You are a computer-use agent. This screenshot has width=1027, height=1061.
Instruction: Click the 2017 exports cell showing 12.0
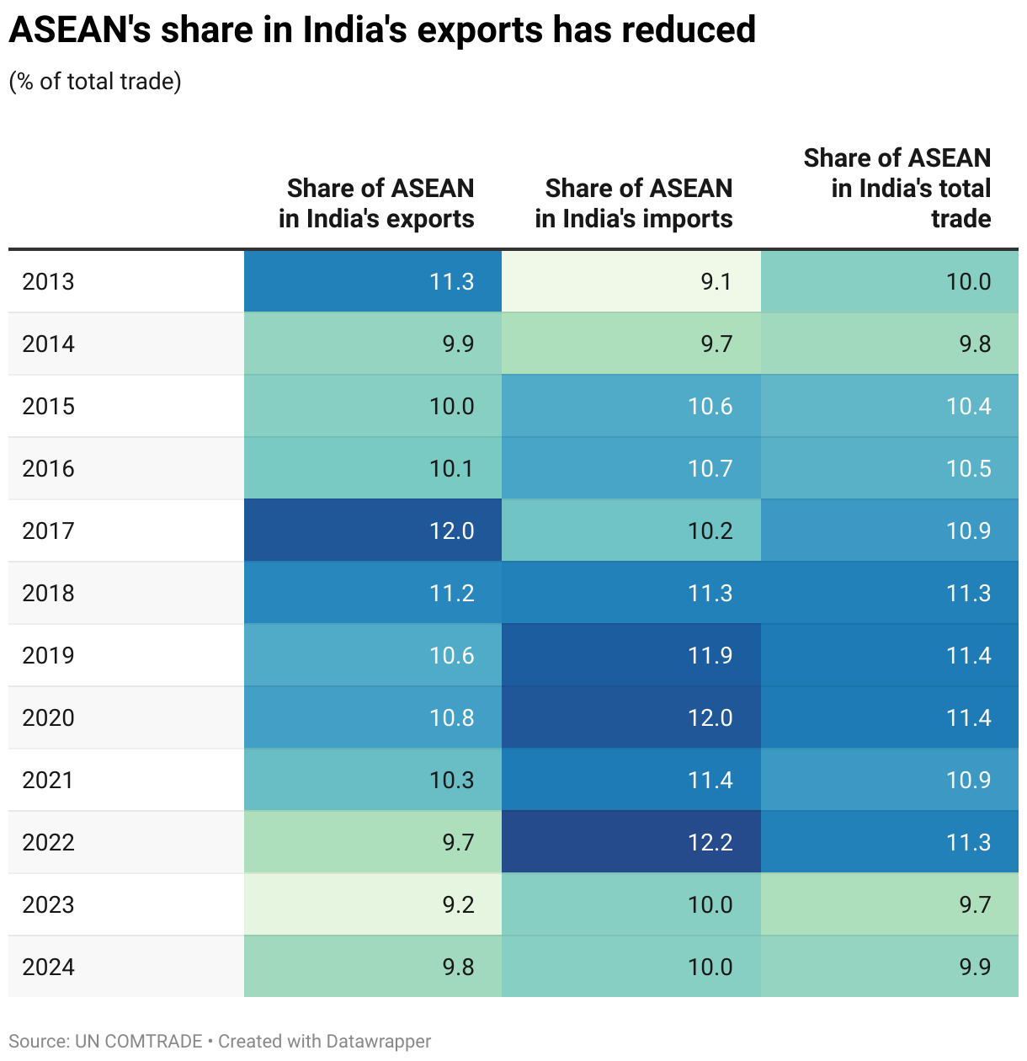click(452, 530)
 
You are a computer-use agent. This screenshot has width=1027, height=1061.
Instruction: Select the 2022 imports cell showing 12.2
click(710, 842)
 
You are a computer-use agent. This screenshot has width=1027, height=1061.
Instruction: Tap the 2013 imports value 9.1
click(716, 281)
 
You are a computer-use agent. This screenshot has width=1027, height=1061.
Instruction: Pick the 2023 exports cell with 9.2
click(458, 904)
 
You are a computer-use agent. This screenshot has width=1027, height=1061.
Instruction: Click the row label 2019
click(49, 655)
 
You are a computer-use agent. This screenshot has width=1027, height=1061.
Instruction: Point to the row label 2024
click(49, 967)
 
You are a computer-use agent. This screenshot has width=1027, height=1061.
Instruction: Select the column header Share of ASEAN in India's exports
click(377, 203)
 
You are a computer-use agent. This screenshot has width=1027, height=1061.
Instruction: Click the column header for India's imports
click(634, 203)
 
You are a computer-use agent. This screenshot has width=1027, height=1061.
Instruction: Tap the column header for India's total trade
click(897, 188)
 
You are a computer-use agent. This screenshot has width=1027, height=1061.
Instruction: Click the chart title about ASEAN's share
click(382, 30)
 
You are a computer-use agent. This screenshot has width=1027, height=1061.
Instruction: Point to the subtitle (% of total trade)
click(95, 81)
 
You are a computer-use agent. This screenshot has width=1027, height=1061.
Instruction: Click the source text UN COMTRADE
click(138, 1041)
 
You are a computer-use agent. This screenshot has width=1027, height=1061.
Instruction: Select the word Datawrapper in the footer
click(378, 1041)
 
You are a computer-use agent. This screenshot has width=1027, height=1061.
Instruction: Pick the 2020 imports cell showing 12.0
click(710, 717)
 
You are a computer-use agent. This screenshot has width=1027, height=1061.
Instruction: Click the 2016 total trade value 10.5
click(968, 468)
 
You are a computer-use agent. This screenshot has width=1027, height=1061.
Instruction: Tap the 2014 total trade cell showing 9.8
click(975, 344)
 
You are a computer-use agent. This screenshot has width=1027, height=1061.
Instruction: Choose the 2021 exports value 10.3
click(452, 780)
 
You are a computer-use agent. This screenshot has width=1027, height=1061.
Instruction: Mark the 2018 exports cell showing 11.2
click(452, 593)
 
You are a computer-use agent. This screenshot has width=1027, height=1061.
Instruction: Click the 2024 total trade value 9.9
click(975, 967)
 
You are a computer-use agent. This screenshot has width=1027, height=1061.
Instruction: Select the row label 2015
click(49, 406)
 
